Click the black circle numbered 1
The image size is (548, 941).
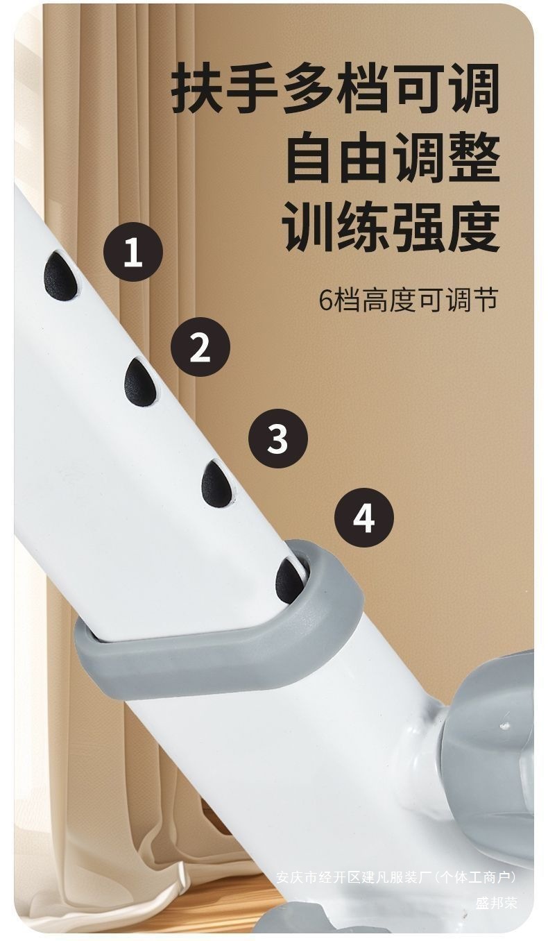133,251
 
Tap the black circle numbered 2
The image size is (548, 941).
200,347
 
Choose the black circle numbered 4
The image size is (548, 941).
364,518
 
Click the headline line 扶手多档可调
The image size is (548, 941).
336,89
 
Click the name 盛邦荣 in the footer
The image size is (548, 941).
497,903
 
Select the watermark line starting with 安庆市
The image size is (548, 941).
396,877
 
